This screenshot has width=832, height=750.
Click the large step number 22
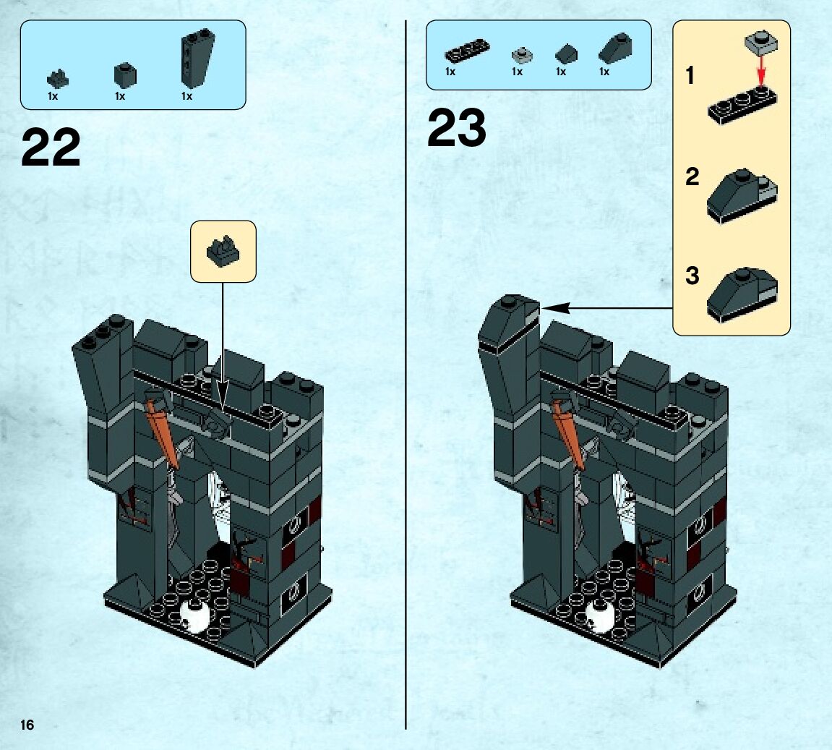click(x=51, y=148)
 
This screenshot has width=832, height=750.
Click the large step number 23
click(x=456, y=129)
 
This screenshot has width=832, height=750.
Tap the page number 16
click(x=27, y=725)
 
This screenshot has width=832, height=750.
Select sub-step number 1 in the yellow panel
click(x=690, y=75)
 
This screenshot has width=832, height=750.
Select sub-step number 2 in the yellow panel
click(x=692, y=176)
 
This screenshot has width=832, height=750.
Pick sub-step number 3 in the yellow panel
click(x=692, y=276)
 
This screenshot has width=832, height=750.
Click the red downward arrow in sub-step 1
click(x=761, y=70)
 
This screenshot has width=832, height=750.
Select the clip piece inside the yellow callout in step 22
click(x=223, y=251)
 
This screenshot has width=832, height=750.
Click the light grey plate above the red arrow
click(x=760, y=41)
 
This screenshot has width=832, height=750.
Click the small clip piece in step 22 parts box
click(x=57, y=78)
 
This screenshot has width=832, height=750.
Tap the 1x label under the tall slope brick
click(x=186, y=96)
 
